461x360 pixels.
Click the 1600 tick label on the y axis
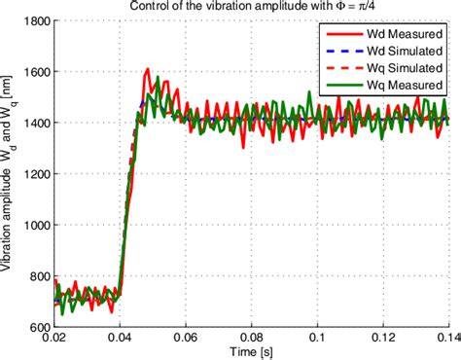(x=34, y=72)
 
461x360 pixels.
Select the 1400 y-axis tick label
(x=34, y=123)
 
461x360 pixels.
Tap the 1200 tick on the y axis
(x=34, y=173)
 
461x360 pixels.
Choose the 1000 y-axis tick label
(x=34, y=224)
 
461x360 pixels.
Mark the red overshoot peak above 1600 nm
(x=147, y=69)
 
